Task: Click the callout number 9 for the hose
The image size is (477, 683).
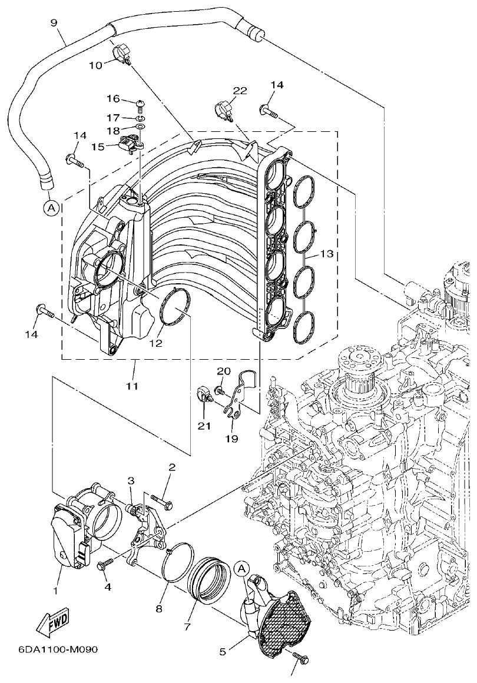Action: click(54, 23)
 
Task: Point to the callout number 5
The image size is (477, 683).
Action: click(222, 652)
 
